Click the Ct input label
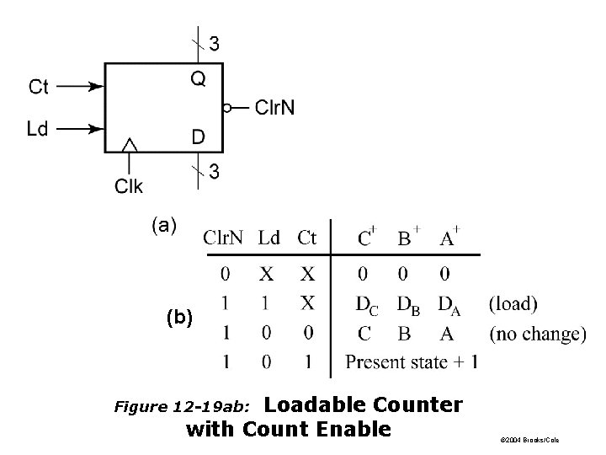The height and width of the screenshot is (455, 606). click(x=39, y=86)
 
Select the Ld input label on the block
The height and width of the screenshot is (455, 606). click(x=38, y=129)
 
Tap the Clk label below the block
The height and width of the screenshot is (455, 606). click(x=129, y=185)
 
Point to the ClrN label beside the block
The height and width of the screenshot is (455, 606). click(x=274, y=107)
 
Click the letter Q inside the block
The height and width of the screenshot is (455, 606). click(x=196, y=79)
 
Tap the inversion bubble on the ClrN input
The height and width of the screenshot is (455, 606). click(x=226, y=108)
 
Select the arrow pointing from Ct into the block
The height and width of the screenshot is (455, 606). click(x=82, y=86)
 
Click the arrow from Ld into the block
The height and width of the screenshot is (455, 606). click(x=82, y=129)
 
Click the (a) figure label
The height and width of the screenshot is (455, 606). click(x=164, y=225)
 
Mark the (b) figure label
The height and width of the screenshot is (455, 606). click(x=178, y=318)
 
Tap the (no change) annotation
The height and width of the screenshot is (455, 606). click(x=537, y=333)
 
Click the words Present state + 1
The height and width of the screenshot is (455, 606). click(x=412, y=363)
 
